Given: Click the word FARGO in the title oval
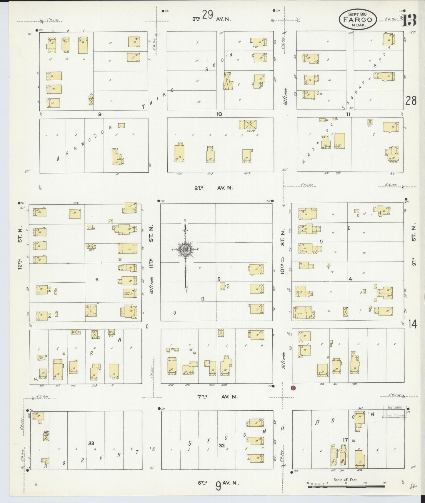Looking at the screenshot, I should [x=357, y=20].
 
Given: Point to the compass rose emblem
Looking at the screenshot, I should [x=186, y=249].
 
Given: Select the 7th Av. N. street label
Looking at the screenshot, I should [x=217, y=397].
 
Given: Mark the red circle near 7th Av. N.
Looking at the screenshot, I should [x=293, y=388].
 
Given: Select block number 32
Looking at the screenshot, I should [x=221, y=446].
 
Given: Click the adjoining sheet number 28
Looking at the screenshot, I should [x=411, y=101].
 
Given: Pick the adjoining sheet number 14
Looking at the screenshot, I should [x=412, y=324].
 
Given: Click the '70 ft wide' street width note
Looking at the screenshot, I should [x=283, y=361].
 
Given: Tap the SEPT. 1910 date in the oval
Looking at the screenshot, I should [x=357, y=14].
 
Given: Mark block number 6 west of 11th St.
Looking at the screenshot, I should [x=97, y=279].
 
